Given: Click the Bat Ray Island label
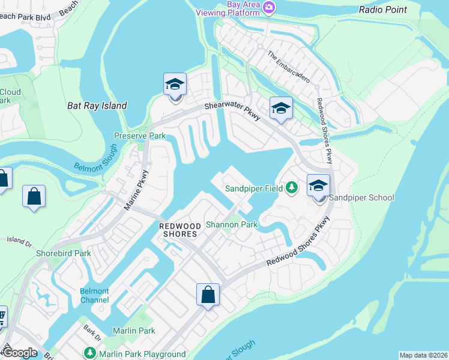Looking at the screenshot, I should coord(97,106).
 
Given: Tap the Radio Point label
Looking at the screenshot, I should coord(383,10).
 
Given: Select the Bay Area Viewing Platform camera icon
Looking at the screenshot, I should coord(269,7).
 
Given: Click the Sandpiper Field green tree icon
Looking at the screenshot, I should coord(292,188).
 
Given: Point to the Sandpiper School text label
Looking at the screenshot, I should coord(362,197).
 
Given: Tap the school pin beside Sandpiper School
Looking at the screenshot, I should coord(319,186).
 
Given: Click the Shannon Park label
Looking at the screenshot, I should coord(232,224).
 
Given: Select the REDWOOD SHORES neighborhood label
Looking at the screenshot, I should coord(178,229).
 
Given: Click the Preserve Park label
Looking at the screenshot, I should coord(140,136).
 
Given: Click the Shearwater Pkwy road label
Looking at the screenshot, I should coord(233,110).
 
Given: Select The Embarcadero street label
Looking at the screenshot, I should coord(289,67).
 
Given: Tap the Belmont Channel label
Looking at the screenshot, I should coord(94,295).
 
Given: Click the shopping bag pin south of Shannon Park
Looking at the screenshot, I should coord(208,295).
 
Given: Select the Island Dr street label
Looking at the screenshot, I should coord(17,240).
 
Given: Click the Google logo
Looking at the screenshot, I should coord(20,353).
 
